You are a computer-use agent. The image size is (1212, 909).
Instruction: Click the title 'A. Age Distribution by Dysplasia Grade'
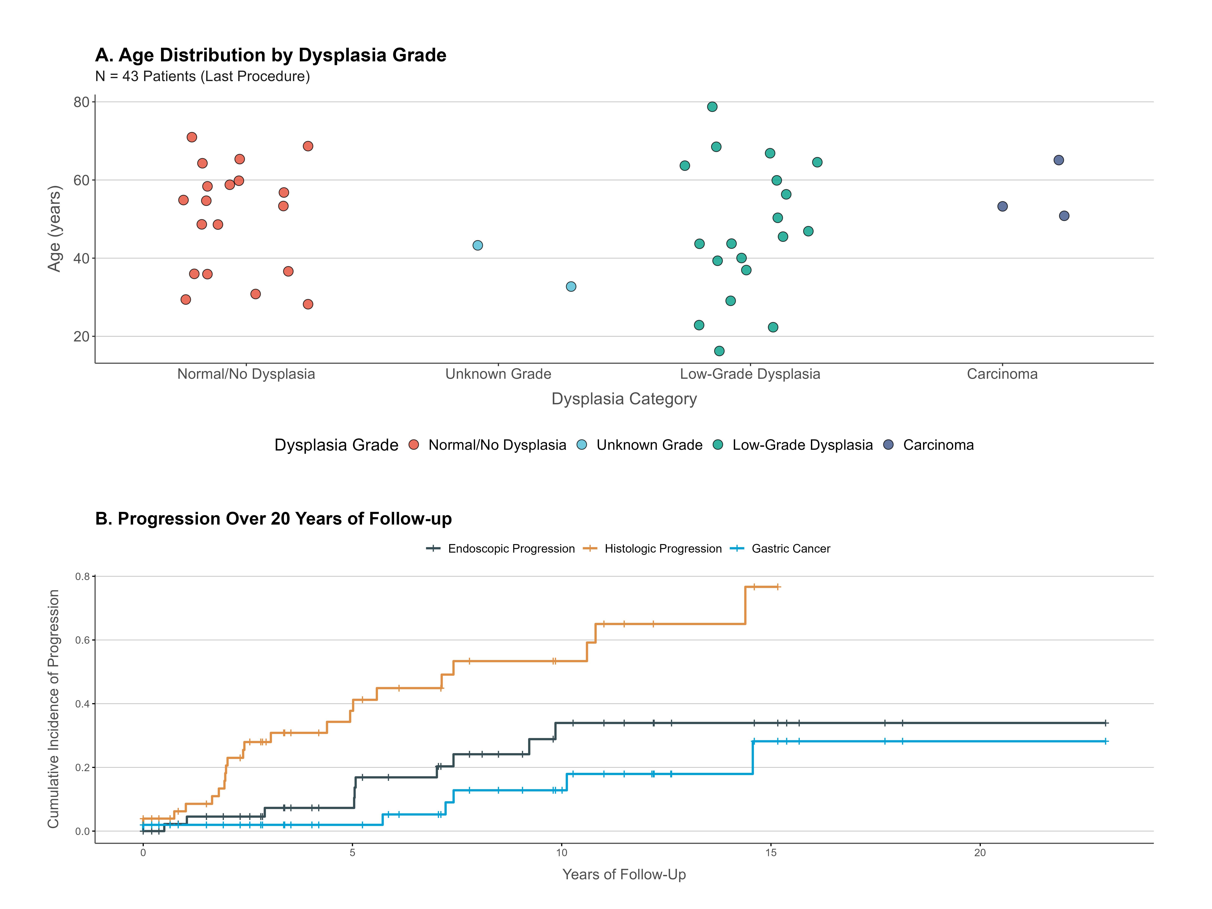click(271, 55)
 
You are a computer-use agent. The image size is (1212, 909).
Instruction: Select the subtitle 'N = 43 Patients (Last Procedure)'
click(202, 76)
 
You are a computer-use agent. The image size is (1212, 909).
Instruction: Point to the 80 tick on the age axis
click(81, 102)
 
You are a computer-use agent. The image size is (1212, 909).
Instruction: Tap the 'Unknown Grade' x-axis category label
click(498, 374)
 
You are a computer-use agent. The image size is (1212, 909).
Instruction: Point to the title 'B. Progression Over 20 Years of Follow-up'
click(273, 519)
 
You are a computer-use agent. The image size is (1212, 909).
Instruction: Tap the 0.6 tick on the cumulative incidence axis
click(82, 640)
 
